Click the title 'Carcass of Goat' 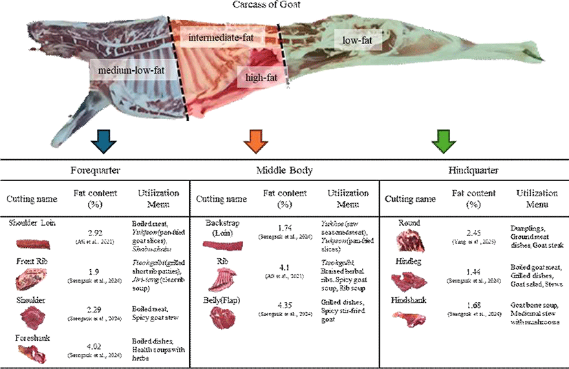click(284, 6)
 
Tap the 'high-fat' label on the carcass click(261, 77)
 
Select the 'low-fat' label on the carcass click(357, 41)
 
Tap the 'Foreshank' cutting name click(28, 338)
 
